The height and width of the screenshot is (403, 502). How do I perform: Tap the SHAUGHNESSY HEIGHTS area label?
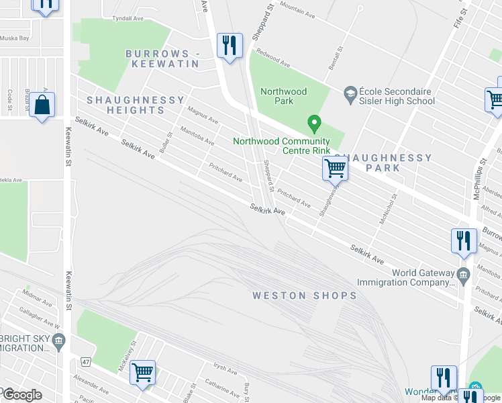[x=136, y=106]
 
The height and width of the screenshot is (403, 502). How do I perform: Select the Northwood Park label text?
[x=283, y=96]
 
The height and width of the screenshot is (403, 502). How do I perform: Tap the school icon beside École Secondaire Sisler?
[x=349, y=92]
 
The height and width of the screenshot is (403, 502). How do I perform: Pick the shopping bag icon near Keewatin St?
[x=42, y=105]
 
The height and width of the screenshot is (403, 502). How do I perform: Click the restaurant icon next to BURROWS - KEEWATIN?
[x=230, y=46]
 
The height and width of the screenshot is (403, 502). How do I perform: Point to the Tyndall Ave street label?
[x=128, y=19]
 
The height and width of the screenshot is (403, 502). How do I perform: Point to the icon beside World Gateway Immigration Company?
[x=463, y=273]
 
